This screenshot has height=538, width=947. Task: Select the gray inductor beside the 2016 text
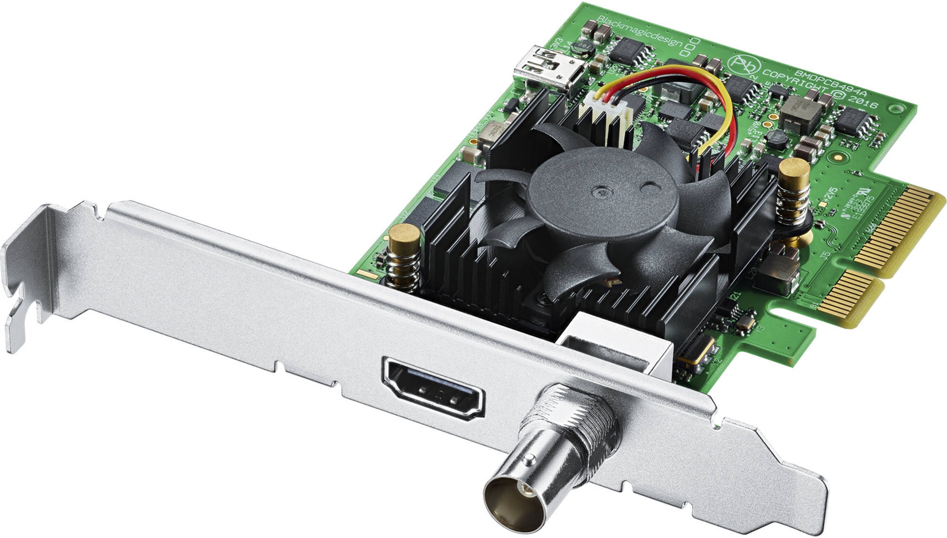coord(800,116)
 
